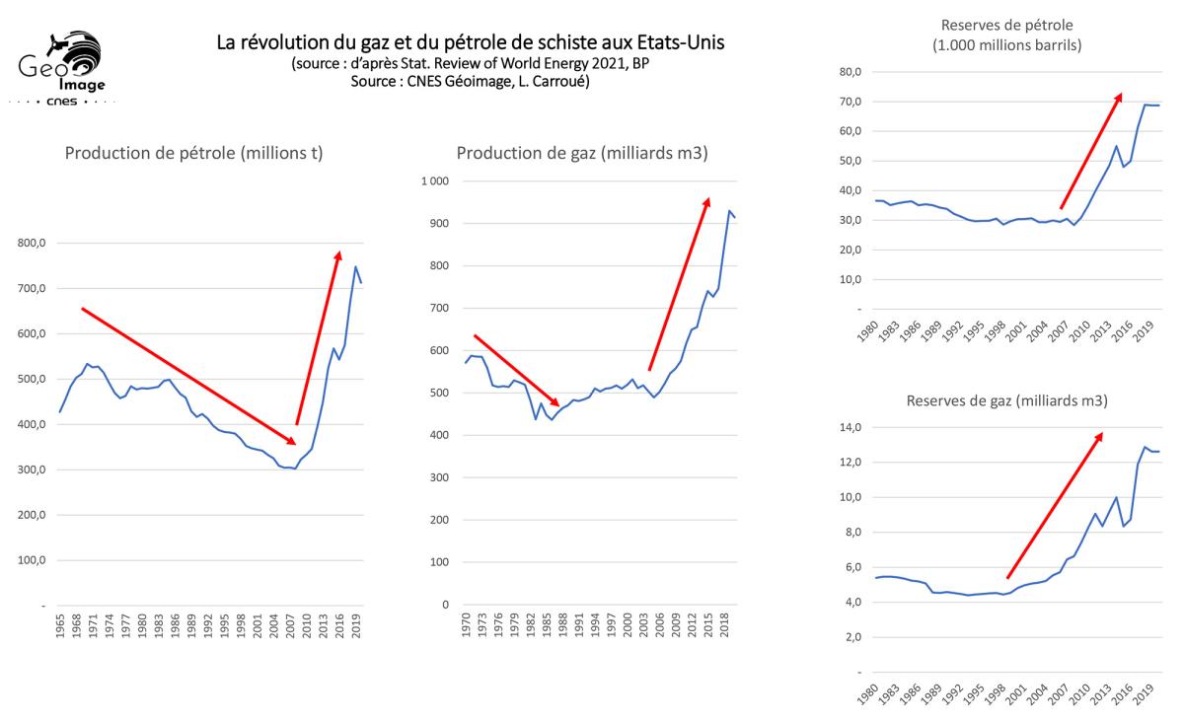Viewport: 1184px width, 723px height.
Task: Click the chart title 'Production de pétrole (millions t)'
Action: pyautogui.click(x=194, y=153)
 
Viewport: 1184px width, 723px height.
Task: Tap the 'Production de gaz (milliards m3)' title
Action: pyautogui.click(x=581, y=153)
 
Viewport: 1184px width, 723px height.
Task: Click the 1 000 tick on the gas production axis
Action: pyautogui.click(x=433, y=181)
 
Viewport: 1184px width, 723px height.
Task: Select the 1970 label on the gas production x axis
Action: pyautogui.click(x=467, y=635)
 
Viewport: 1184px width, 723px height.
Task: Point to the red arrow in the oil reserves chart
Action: pyautogui.click(x=1090, y=151)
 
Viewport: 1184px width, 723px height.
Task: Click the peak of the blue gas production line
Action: pyautogui.click(x=729, y=210)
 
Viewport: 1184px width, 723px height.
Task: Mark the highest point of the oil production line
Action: pyautogui.click(x=355, y=266)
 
